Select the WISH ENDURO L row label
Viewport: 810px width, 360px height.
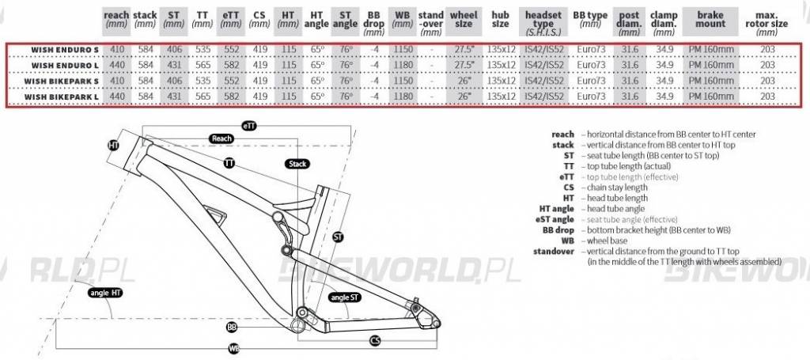pyautogui.click(x=65, y=66)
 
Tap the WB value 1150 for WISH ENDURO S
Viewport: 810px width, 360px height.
pyautogui.click(x=403, y=50)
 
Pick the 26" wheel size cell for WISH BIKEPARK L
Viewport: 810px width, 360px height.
pyautogui.click(x=464, y=97)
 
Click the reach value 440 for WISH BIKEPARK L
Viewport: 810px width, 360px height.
pyautogui.click(x=117, y=97)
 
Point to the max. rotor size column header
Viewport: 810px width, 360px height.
pyautogui.click(x=766, y=24)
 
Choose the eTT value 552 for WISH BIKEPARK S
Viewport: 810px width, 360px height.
pyautogui.click(x=231, y=81)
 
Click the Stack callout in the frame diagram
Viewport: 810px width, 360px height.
pyautogui.click(x=297, y=165)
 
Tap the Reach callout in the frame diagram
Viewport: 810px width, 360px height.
pyautogui.click(x=221, y=138)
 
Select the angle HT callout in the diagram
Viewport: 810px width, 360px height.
pyautogui.click(x=105, y=293)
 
